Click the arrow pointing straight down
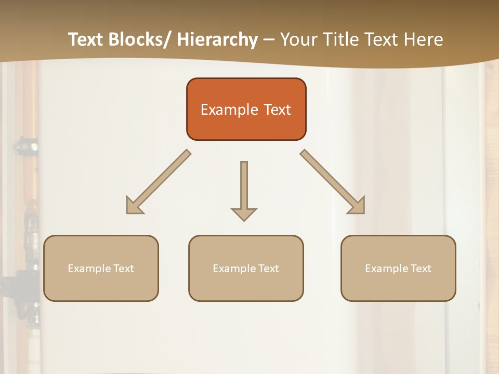pyautogui.click(x=244, y=191)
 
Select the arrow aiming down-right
pyautogui.click(x=333, y=182)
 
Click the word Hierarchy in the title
pyautogui.click(x=217, y=40)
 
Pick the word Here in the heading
pyautogui.click(x=423, y=40)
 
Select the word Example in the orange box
pyautogui.click(x=229, y=110)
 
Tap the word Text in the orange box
pyautogui.click(x=277, y=110)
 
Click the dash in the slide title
pyautogui.click(x=269, y=40)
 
